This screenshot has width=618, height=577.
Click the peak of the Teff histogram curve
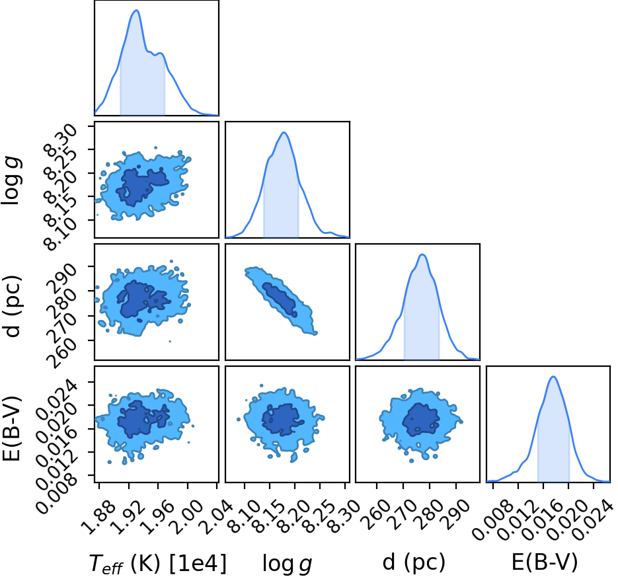pyautogui.click(x=136, y=11)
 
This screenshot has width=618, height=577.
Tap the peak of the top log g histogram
pyautogui.click(x=284, y=132)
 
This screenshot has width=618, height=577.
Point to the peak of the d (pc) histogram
pyautogui.click(x=422, y=254)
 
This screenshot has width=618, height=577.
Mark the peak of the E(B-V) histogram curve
pyautogui.click(x=553, y=377)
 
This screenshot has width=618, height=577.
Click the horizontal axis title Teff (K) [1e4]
pyautogui.click(x=159, y=563)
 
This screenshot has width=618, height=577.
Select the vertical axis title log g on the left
pyautogui.click(x=11, y=180)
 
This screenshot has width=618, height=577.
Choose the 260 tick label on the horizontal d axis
pyautogui.click(x=375, y=514)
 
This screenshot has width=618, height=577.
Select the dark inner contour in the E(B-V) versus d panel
pyautogui.click(x=420, y=419)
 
